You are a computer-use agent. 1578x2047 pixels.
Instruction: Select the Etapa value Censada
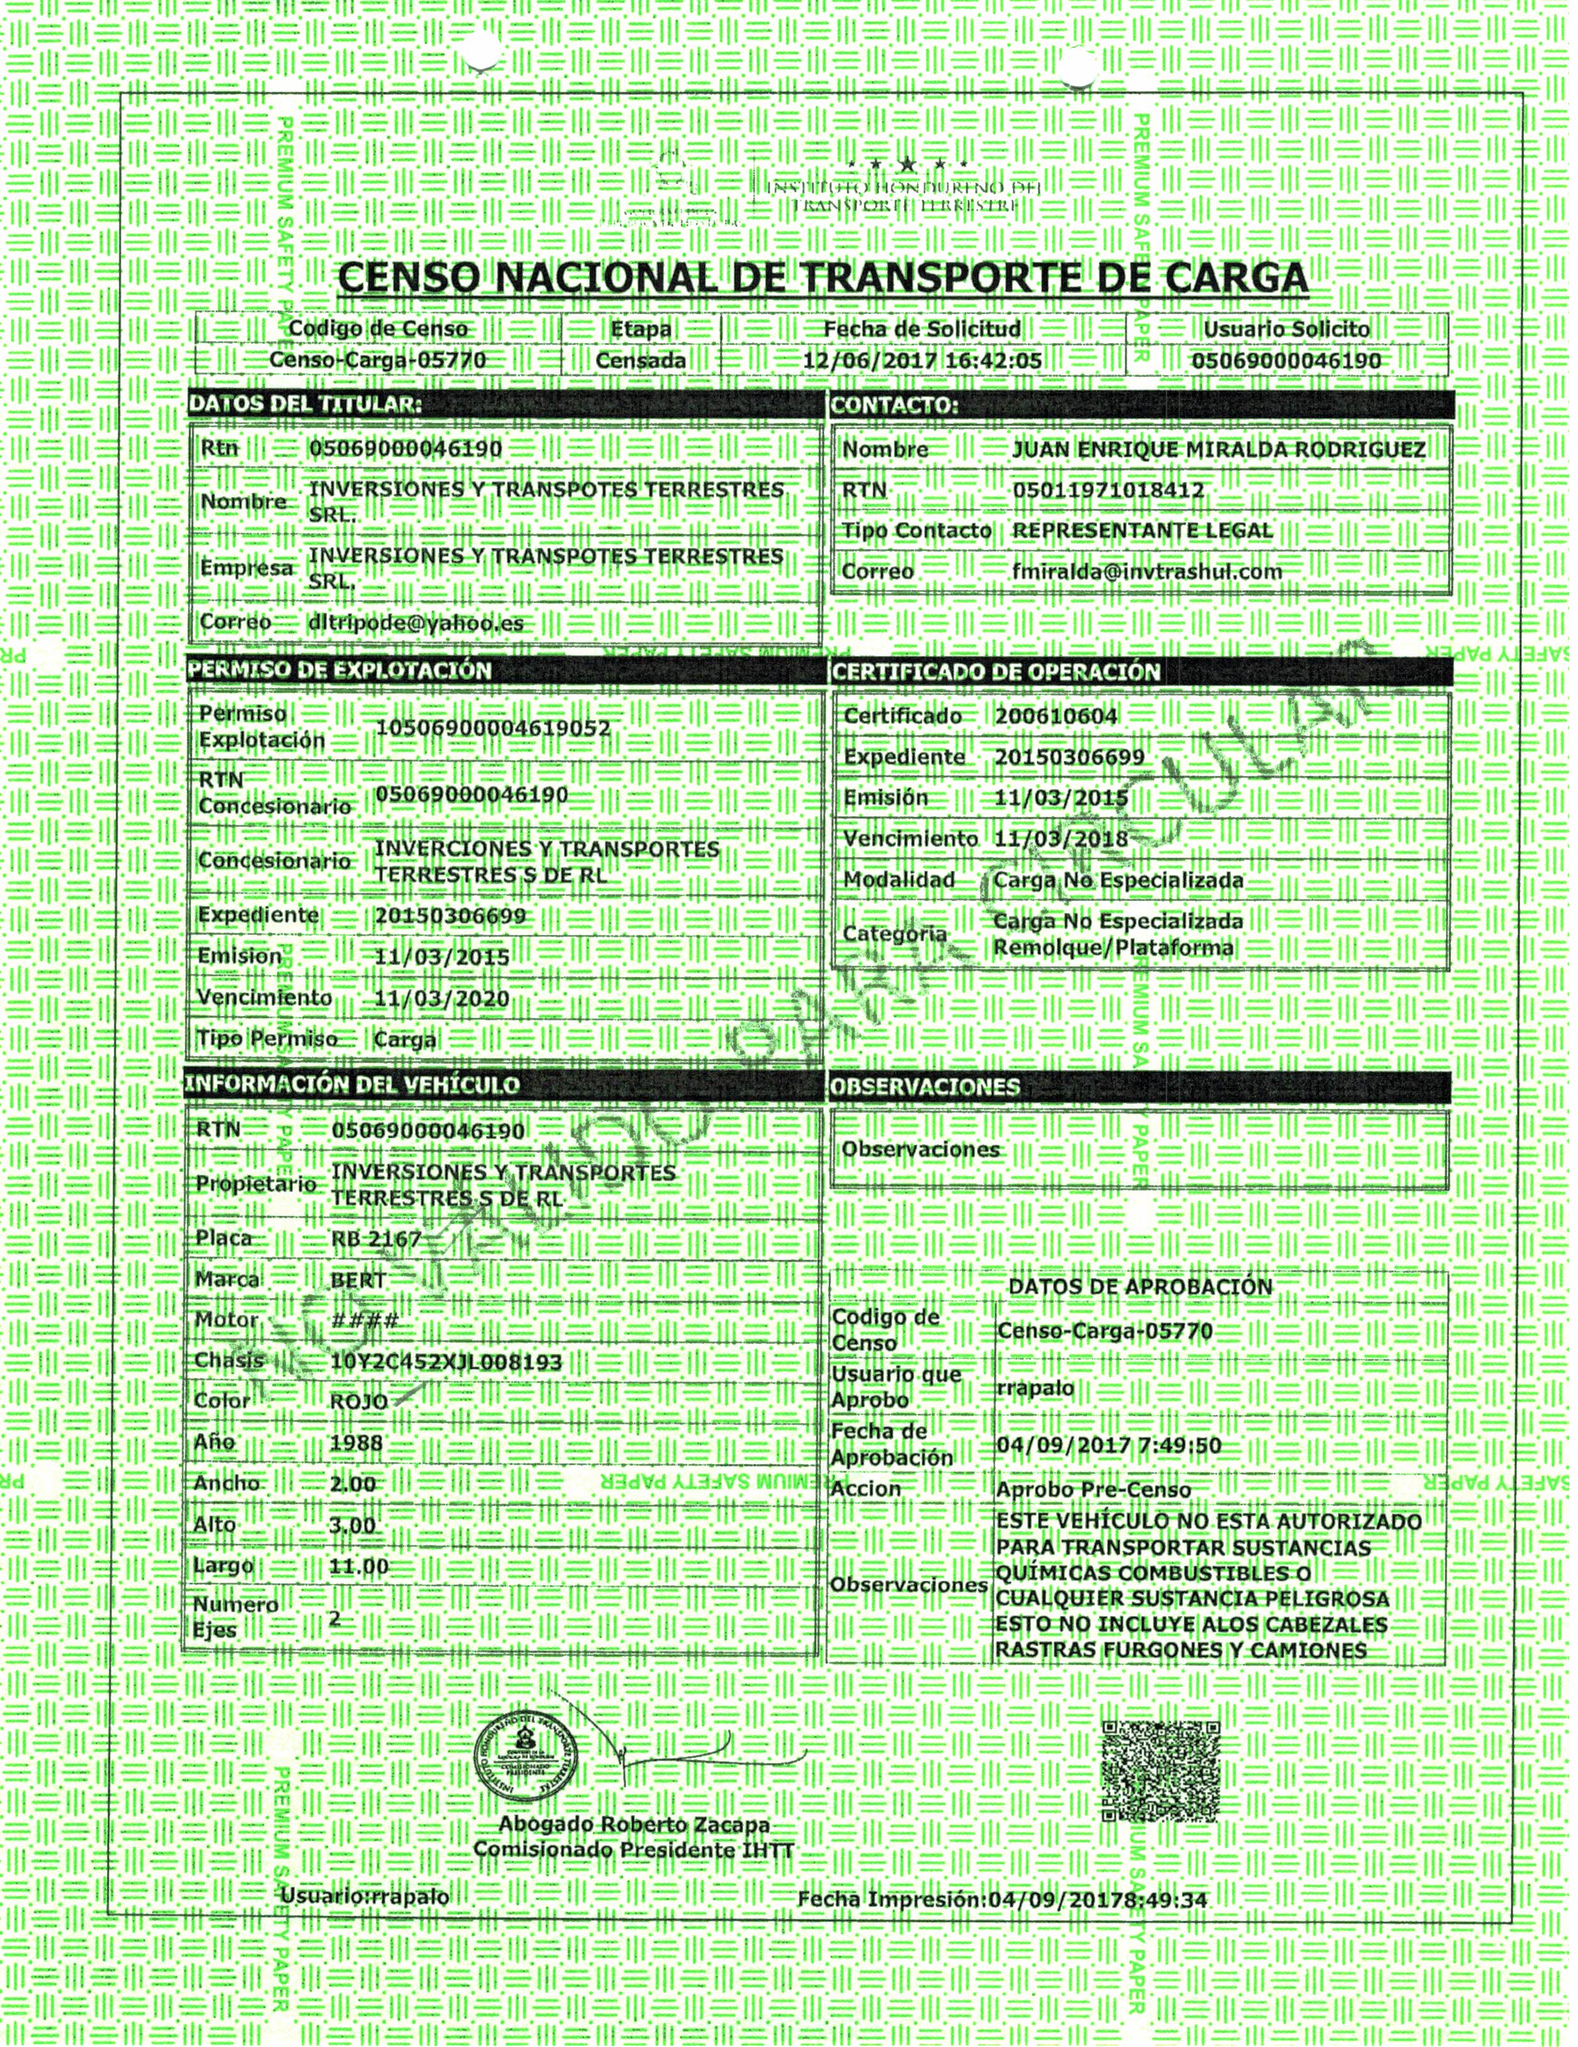pos(641,361)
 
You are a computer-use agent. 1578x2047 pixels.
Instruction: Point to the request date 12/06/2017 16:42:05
pos(923,361)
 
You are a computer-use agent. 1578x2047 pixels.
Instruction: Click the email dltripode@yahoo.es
pos(416,623)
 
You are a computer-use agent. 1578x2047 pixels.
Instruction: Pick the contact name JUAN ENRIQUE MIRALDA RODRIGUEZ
pos(1218,450)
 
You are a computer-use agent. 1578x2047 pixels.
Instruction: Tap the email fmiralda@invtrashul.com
pos(1147,570)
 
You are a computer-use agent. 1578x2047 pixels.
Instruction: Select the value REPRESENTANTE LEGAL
pos(1142,530)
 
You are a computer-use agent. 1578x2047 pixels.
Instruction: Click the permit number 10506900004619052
pos(492,728)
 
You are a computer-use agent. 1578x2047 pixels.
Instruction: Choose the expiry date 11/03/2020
pos(441,999)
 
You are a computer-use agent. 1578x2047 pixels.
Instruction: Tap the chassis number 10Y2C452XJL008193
pos(446,1362)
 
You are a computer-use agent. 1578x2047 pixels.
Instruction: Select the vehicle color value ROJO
pos(359,1402)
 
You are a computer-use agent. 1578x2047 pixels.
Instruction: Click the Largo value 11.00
pos(358,1566)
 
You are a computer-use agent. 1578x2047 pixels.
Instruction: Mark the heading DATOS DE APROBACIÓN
pos(1139,1287)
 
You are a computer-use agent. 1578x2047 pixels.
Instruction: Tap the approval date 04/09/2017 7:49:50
pos(1108,1445)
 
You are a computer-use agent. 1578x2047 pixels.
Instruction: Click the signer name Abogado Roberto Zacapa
pos(634,1825)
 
